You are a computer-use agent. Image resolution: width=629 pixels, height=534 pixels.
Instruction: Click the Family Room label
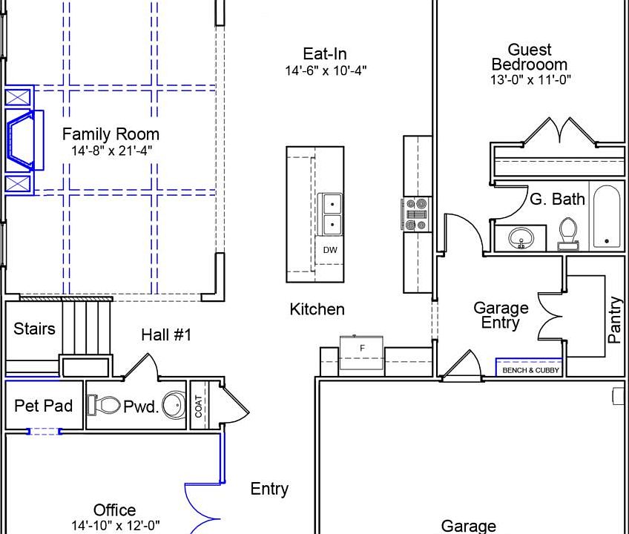pos(111,134)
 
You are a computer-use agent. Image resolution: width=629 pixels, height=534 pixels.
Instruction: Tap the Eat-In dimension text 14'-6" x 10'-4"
pos(326,70)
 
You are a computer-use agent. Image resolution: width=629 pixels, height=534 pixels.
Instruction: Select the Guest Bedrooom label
pos(530,57)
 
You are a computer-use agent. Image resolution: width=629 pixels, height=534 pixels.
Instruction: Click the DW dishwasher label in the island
pos(330,250)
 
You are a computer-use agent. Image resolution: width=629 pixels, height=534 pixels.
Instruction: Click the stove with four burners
pos(415,214)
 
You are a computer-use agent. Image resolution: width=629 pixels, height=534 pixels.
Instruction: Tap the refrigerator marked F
pos(361,352)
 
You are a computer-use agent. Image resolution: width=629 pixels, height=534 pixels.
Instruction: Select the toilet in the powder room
pos(104,405)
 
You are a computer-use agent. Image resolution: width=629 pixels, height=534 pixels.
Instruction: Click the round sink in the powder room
pos(175,405)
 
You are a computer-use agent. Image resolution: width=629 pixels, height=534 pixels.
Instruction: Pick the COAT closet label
pos(199,406)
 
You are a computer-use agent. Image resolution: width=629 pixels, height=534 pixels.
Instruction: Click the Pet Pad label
pos(43,406)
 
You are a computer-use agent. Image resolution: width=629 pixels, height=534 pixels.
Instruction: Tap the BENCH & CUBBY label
pos(530,370)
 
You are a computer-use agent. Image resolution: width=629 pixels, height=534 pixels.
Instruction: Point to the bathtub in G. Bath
pos(607,217)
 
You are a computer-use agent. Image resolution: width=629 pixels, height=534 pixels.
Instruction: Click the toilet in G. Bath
pos(568,234)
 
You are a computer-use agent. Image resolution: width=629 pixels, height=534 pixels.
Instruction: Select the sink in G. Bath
pos(521,238)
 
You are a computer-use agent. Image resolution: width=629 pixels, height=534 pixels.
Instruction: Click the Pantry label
pos(615,320)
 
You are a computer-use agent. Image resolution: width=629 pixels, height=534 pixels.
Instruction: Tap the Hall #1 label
pos(166,334)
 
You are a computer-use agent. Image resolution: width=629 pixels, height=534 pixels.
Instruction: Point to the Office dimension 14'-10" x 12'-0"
pos(116,525)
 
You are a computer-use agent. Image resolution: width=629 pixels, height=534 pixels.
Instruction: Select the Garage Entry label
pos(501,315)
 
